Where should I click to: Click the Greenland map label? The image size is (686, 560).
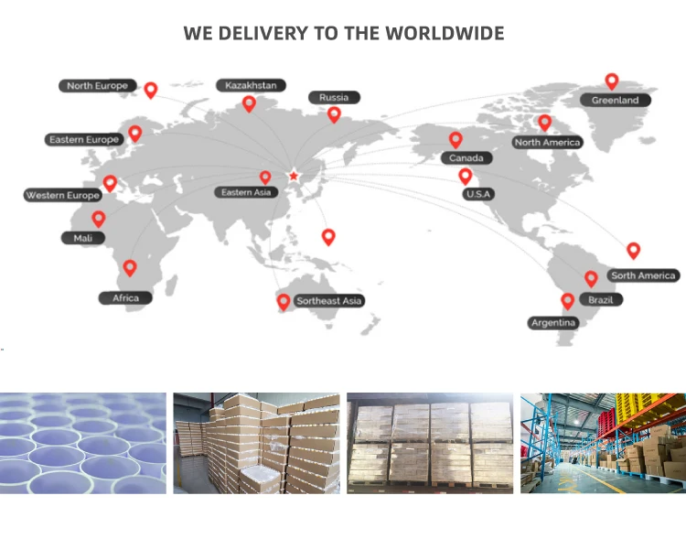[x=615, y=100]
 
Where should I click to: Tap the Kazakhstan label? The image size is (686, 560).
[x=251, y=85]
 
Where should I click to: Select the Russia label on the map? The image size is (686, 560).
[x=334, y=97]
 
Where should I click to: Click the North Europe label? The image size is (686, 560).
[x=97, y=86]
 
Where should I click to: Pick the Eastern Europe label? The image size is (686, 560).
[x=84, y=139]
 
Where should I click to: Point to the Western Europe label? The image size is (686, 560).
[x=63, y=195]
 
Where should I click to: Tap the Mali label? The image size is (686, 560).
[x=82, y=238]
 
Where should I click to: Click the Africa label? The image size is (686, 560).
[x=125, y=297]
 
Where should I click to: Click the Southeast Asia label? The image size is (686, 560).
[x=329, y=300]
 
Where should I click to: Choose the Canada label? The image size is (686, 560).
[x=466, y=158]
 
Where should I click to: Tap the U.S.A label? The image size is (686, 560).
[x=478, y=194]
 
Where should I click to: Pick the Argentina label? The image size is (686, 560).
[x=553, y=322]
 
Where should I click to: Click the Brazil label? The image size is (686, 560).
[x=601, y=299]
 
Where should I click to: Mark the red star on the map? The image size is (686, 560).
[x=294, y=175]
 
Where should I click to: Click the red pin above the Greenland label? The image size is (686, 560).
[x=612, y=81]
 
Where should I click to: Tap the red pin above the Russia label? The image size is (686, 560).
[x=334, y=113]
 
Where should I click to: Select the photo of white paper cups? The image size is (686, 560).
[x=83, y=443]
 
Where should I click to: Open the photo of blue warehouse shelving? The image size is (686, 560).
[x=603, y=443]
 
